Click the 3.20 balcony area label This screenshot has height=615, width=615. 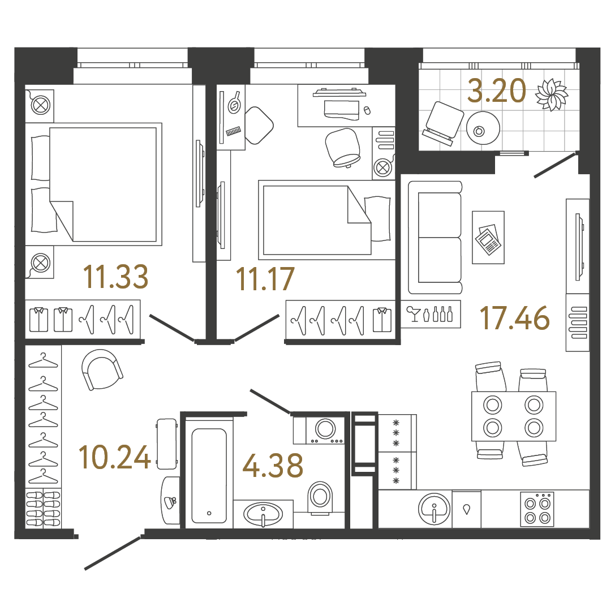(x=496, y=91)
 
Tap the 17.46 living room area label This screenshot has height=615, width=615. (x=514, y=318)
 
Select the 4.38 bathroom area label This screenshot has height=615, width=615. (x=272, y=465)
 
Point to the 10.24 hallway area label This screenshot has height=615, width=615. (x=115, y=457)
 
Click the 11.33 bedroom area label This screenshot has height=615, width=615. (x=115, y=277)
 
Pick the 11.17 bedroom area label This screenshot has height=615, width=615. (x=265, y=279)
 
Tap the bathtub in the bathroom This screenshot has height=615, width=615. (x=209, y=475)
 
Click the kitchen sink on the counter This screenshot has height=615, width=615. (x=435, y=508)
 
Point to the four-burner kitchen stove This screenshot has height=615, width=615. (x=537, y=509)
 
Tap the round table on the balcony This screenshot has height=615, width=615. (x=483, y=128)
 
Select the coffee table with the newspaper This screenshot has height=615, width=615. (x=488, y=237)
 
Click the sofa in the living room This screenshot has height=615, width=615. (x=435, y=238)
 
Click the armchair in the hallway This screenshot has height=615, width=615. (x=102, y=368)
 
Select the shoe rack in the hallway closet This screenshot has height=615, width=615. (x=43, y=508)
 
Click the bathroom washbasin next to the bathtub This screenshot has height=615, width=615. (x=263, y=514)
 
